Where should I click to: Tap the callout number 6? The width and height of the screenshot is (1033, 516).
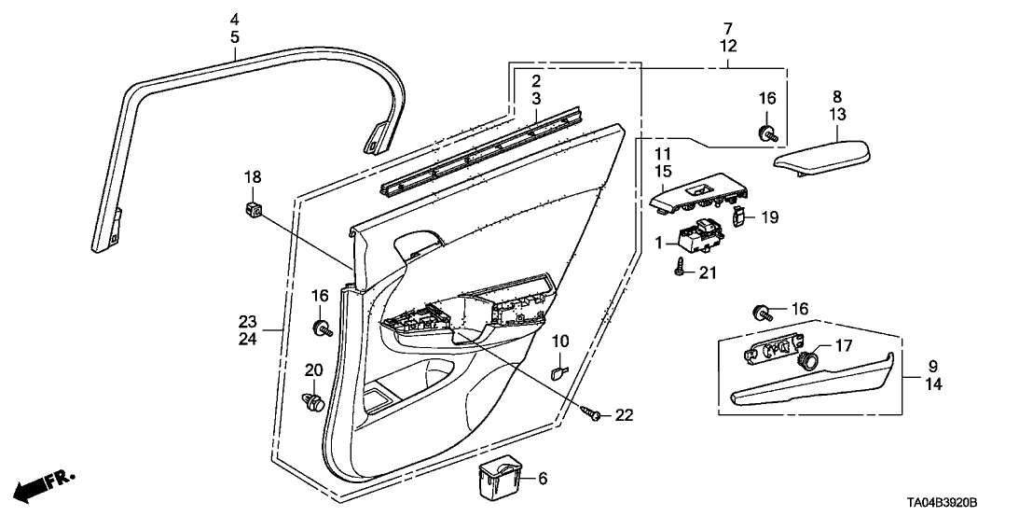point(543,479)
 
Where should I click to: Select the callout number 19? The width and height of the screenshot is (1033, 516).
point(768,216)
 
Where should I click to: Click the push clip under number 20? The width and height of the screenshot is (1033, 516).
point(313,402)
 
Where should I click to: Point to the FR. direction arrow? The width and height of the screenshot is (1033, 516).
point(42,484)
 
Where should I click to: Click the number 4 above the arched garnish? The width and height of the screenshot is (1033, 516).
point(235,20)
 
